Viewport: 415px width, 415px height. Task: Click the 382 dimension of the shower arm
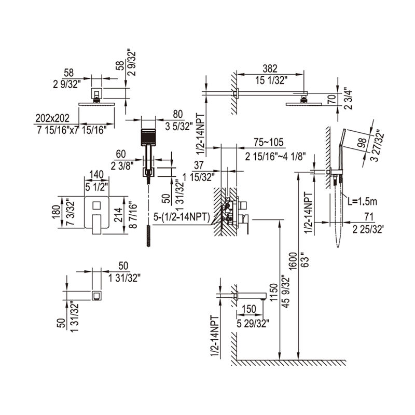point(270,68)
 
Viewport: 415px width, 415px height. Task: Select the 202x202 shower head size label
point(52,118)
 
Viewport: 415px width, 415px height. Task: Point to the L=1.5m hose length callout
point(362,202)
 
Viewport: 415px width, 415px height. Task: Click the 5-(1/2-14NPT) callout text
point(182,217)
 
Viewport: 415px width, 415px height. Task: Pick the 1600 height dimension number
point(293,261)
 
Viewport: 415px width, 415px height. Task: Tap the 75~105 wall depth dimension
point(268,142)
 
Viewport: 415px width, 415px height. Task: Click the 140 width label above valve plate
point(96,175)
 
